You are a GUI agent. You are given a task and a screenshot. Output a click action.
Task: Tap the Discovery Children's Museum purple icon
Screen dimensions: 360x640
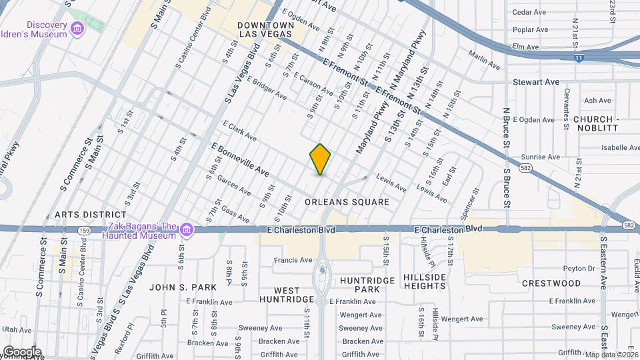[x=78, y=28]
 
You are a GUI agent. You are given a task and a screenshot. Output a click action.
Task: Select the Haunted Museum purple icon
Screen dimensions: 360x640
[x=186, y=230]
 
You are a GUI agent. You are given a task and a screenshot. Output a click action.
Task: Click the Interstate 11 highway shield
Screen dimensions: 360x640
[x=578, y=59]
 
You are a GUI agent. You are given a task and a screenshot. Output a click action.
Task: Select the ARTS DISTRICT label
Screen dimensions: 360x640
[x=90, y=215]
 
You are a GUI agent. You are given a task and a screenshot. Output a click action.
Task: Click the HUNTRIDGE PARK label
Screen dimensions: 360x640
[x=368, y=285]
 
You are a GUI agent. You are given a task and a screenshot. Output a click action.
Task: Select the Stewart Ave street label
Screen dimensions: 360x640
[x=535, y=82]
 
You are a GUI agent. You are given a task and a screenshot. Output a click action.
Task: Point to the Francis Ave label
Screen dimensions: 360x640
[x=293, y=260]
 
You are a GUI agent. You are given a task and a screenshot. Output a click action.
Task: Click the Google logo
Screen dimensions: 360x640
[x=22, y=351]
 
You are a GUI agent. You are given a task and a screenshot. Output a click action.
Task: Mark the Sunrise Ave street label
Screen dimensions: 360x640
[x=540, y=157]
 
